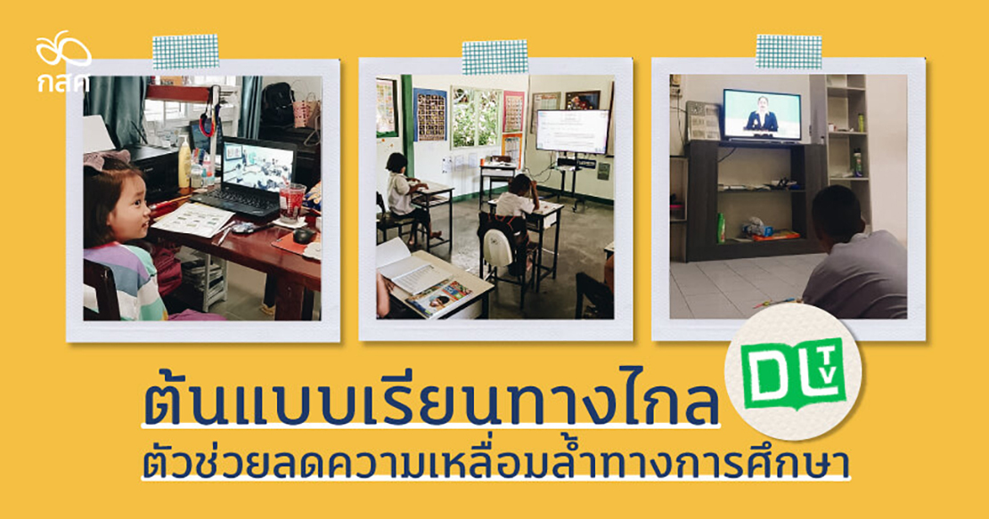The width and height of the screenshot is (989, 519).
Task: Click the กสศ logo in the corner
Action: [63, 61]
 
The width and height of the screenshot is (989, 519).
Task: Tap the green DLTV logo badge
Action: [794, 373]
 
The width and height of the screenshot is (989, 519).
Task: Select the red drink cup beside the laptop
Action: [291, 202]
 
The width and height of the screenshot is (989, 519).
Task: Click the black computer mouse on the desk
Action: [304, 235]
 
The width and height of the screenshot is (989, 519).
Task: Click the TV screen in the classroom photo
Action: [573, 130]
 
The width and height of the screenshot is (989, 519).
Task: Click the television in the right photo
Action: [761, 115]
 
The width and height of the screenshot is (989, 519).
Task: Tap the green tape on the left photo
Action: [185, 52]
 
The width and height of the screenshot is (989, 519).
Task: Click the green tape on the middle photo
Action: [494, 57]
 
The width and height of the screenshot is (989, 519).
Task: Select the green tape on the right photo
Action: [789, 52]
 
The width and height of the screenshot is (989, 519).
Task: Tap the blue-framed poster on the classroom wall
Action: [430, 115]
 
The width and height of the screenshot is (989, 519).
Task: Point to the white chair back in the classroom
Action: [498, 247]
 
